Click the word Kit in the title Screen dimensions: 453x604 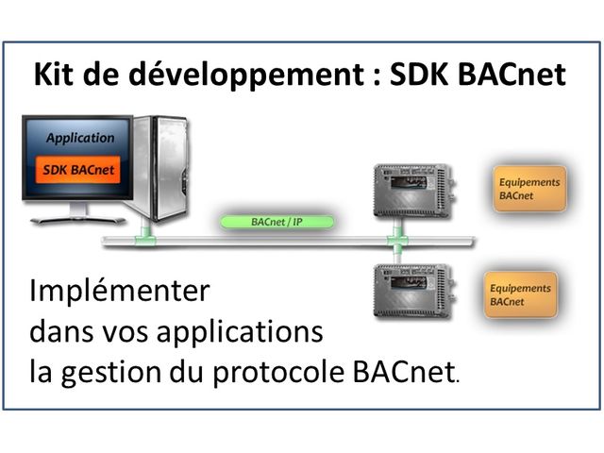(x=53, y=75)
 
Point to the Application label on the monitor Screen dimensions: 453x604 (x=80, y=138)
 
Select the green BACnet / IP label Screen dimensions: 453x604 (x=276, y=224)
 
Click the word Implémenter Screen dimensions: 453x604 (x=119, y=291)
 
